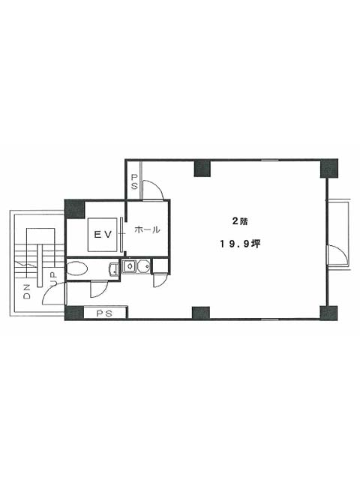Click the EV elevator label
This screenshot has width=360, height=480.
click(103, 235)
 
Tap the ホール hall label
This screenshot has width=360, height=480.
click(147, 229)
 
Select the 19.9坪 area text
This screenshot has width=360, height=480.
click(240, 244)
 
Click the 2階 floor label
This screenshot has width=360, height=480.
click(240, 221)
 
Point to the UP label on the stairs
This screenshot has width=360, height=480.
click(53, 279)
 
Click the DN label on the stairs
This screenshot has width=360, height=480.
click(27, 292)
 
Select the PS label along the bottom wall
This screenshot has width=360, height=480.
click(105, 313)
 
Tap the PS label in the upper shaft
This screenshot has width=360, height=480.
click(134, 181)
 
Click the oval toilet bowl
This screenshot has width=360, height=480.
click(77, 268)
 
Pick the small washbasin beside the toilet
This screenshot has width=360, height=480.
click(113, 268)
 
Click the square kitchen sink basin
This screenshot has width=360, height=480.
click(130, 266)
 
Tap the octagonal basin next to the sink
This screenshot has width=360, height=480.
click(144, 266)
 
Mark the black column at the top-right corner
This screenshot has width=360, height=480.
click(329, 168)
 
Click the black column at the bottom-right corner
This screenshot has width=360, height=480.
click(328, 313)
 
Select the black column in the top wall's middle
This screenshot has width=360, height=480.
click(202, 168)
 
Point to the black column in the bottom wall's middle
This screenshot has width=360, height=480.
click(201, 313)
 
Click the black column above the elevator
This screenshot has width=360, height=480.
click(74, 208)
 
